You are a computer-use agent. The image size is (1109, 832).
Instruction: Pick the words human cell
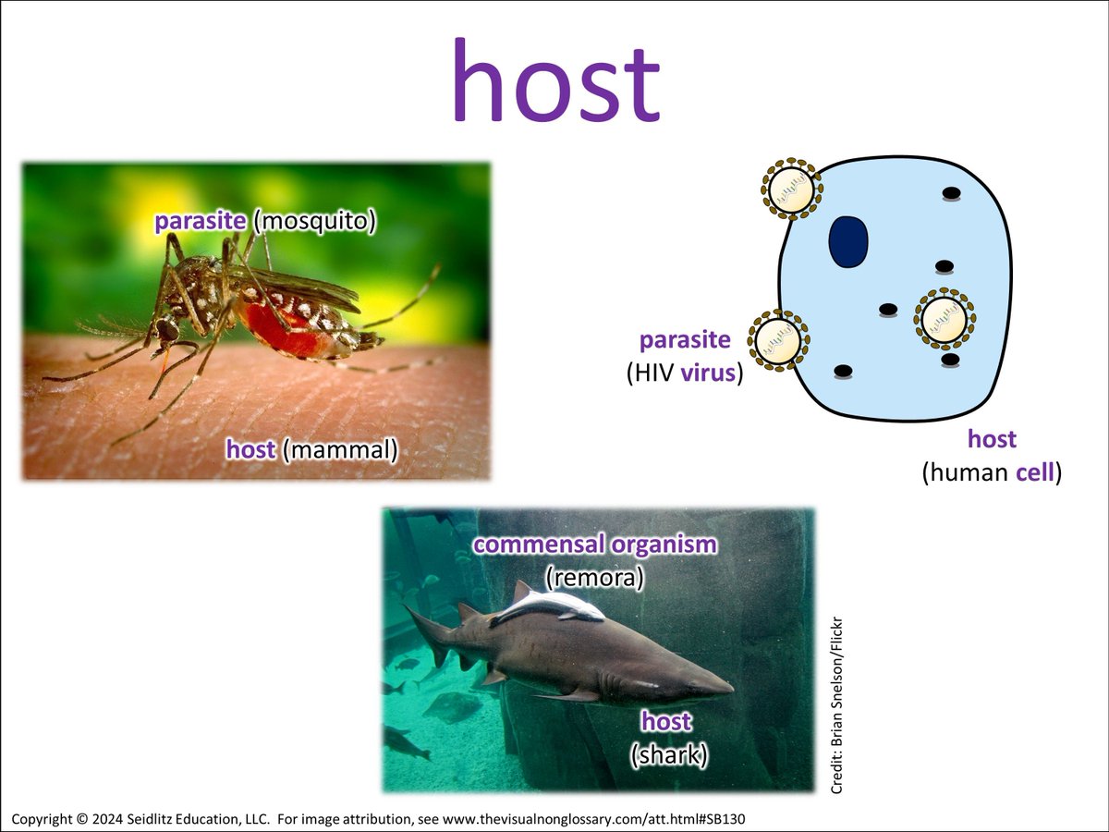992,474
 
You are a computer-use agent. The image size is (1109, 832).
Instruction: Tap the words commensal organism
594,544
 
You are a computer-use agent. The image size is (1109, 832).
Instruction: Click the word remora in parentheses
594,578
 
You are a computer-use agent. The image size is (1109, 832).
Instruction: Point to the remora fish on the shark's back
550,606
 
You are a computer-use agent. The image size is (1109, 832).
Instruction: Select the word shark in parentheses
669,755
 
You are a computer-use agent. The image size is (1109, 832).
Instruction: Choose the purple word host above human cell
992,439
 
